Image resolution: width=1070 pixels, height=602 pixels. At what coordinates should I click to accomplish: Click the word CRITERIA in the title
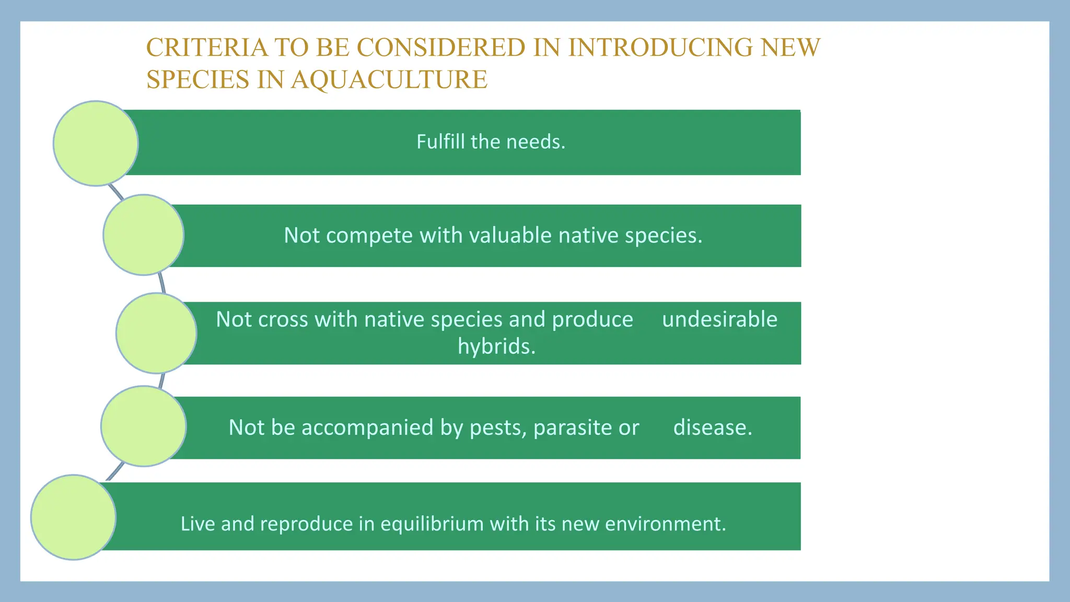[x=207, y=48]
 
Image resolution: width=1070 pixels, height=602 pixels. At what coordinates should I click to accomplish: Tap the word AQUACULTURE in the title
[x=389, y=80]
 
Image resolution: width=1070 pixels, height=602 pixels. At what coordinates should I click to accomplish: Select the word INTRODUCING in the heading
[x=660, y=48]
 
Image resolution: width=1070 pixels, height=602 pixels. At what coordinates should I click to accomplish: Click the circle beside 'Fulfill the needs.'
[x=96, y=143]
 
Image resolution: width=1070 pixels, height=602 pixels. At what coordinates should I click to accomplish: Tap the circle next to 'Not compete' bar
[x=144, y=235]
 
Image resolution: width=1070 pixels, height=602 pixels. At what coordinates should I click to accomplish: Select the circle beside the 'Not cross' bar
[x=156, y=333]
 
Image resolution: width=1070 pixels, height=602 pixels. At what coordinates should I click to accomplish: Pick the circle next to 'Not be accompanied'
[x=144, y=426]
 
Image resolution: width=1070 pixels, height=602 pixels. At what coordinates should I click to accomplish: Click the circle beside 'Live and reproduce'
[x=74, y=517]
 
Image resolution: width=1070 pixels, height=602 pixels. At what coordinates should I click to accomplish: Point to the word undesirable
[x=719, y=319]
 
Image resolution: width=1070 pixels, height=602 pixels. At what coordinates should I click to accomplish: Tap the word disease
[x=712, y=427]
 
